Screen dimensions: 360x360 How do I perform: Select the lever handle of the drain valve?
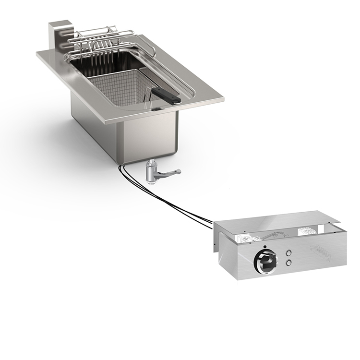coord(171,172)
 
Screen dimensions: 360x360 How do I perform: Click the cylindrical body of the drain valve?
coord(151,173)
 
